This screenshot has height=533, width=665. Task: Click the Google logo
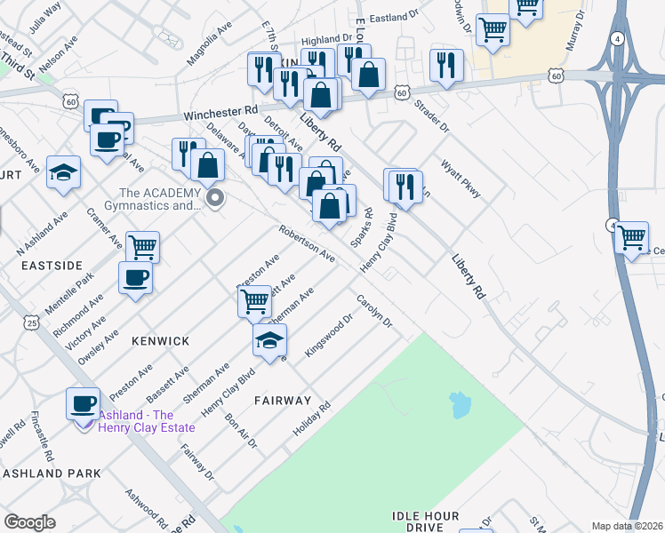[x=29, y=522]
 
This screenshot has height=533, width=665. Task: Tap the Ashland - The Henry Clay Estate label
[x=148, y=421]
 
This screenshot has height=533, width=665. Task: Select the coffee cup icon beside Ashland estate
[x=83, y=403]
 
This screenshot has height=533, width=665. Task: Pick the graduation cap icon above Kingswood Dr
[x=270, y=338]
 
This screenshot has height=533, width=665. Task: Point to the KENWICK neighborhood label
[x=160, y=341]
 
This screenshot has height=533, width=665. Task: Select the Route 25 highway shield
[x=31, y=321]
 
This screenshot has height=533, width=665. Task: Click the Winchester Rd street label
[x=220, y=115]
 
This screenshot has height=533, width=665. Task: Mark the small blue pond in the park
[x=459, y=405]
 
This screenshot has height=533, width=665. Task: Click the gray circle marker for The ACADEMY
[x=212, y=198]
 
